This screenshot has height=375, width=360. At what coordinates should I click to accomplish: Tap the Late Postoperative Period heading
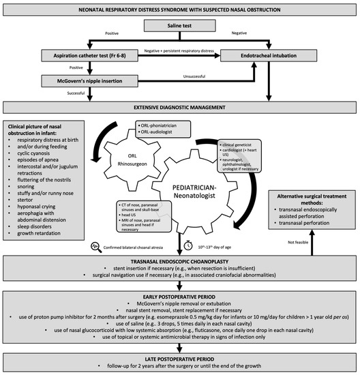(x=180, y=359)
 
